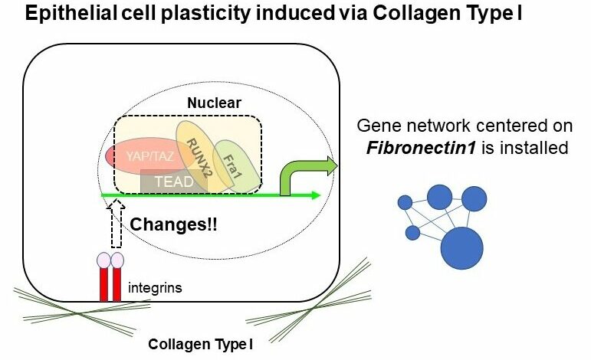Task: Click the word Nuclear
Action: [214, 103]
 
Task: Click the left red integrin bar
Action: [104, 284]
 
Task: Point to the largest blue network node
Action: [461, 247]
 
